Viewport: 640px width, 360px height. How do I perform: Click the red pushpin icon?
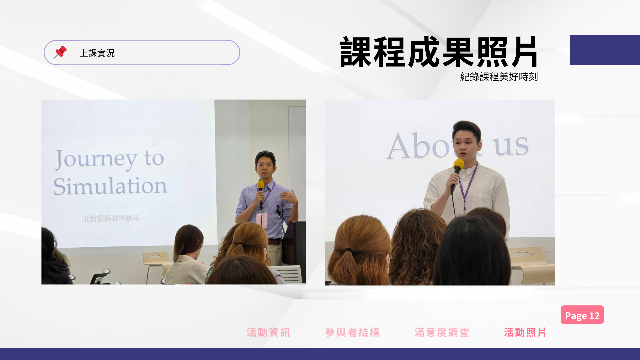click(60, 52)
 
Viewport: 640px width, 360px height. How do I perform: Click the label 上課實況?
click(97, 53)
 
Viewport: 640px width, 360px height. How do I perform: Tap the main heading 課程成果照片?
click(439, 52)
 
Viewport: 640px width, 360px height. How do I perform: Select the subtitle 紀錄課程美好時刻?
click(499, 77)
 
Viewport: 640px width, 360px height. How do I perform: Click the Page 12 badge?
click(582, 315)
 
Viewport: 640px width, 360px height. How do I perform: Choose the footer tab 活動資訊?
click(269, 332)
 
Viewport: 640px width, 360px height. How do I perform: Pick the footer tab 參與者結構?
click(353, 332)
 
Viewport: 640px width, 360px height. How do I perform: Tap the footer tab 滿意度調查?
click(442, 332)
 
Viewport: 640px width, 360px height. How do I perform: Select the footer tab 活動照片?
click(525, 332)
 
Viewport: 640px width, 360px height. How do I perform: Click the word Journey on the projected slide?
click(96, 160)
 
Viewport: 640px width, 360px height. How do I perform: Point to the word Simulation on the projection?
click(110, 186)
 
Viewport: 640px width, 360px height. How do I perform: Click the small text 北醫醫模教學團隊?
click(111, 218)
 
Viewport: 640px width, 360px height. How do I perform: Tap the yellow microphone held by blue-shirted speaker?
click(260, 187)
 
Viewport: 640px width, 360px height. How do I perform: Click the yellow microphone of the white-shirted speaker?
click(458, 166)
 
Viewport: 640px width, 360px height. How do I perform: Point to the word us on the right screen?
click(511, 146)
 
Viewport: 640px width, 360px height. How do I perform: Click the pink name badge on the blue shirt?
click(262, 220)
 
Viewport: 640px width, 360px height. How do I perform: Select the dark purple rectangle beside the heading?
click(605, 50)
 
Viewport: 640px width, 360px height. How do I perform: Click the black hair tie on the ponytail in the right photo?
click(348, 250)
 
